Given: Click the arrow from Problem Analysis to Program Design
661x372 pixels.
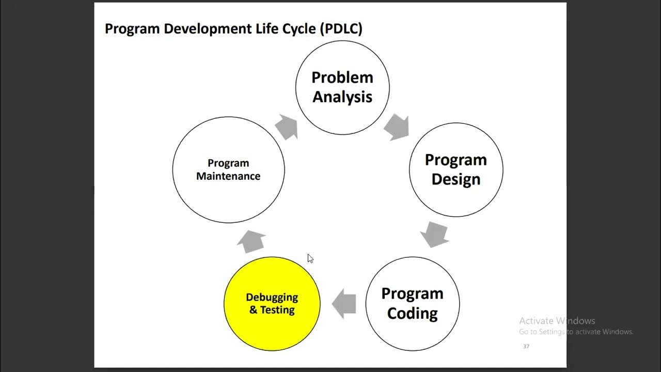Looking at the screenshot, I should pos(397,127).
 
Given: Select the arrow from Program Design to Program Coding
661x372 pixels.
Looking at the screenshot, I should pos(434,234).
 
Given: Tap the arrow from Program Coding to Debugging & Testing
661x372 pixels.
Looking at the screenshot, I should pos(344,304).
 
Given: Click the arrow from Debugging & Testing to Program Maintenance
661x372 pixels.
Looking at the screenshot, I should pos(252,241).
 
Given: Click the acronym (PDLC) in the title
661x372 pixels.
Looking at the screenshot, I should pos(341,28).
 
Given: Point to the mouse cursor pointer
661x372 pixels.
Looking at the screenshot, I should pos(310,258).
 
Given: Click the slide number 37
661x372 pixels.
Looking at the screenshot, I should pos(526,346).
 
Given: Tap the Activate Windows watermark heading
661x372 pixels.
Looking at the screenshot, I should pos(557,321).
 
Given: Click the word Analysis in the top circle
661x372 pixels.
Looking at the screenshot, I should pos(342,97).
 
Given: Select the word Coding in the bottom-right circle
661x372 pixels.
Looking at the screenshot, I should pos(412,314).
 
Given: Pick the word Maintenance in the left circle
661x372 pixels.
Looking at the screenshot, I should pos(228,176).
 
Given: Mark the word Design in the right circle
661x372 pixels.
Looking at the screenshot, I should pos(455,179).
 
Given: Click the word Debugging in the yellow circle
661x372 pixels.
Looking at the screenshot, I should pos(272,298).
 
